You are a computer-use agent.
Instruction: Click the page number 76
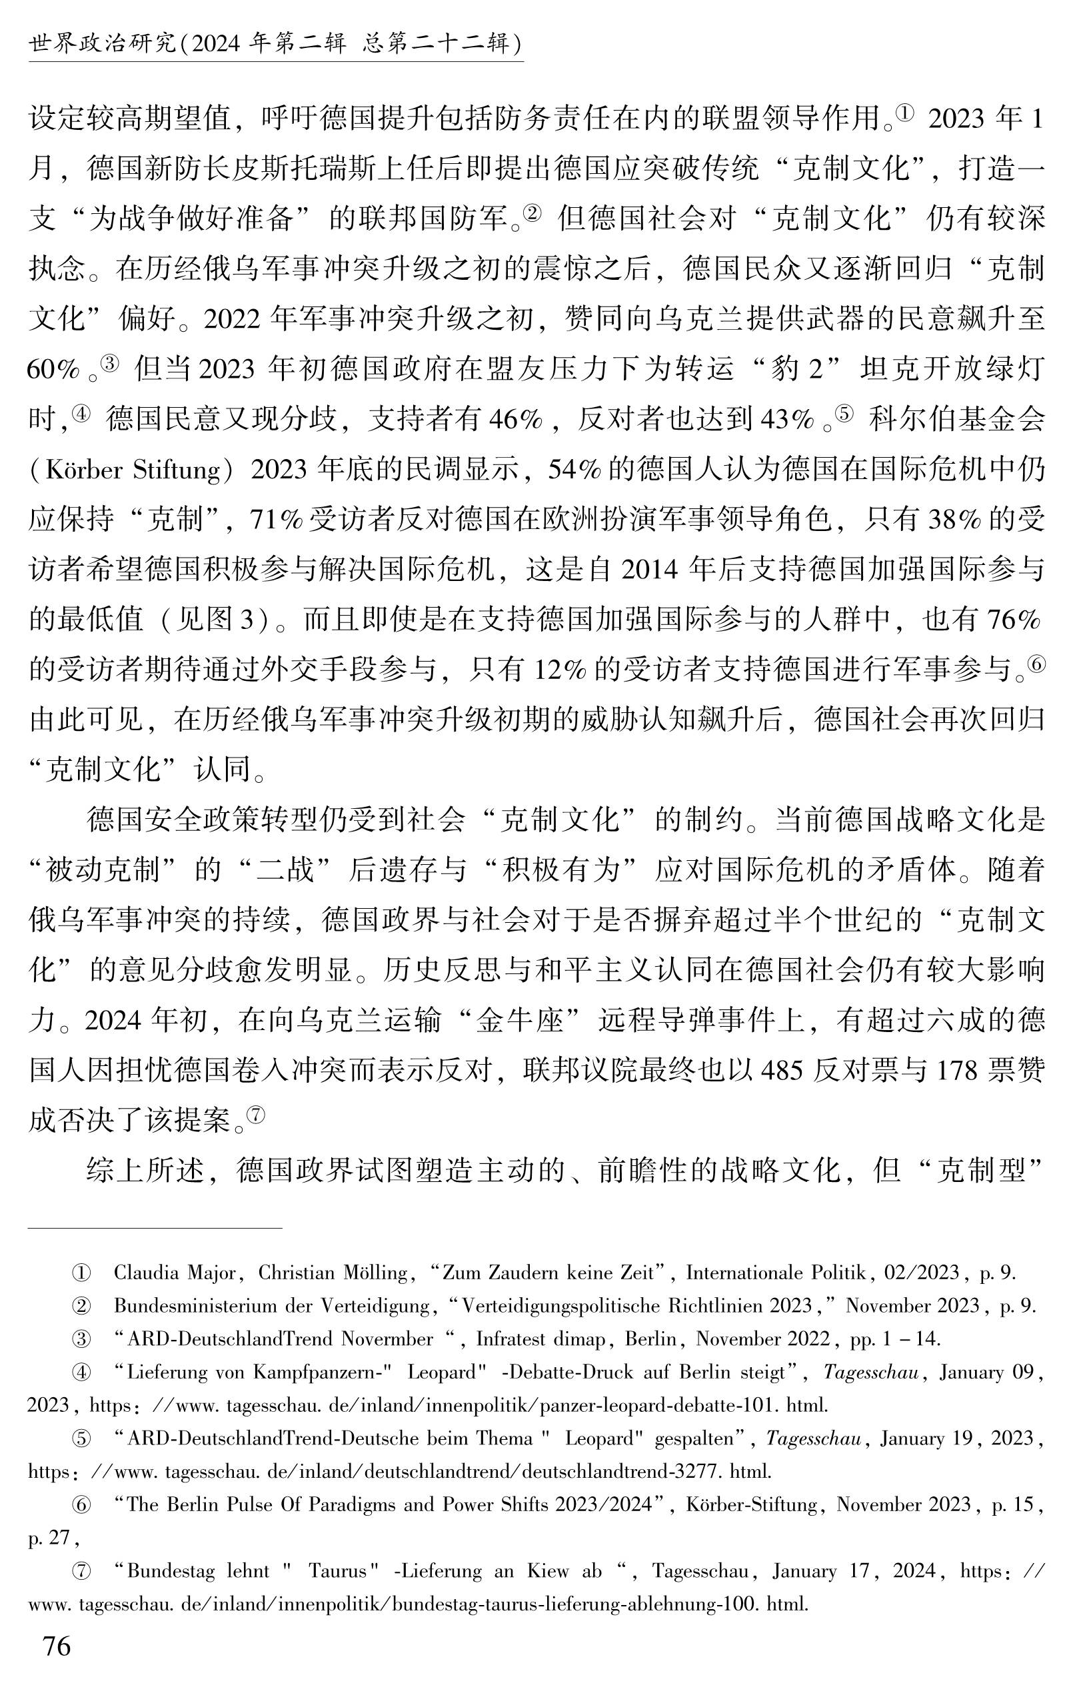(x=57, y=1646)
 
